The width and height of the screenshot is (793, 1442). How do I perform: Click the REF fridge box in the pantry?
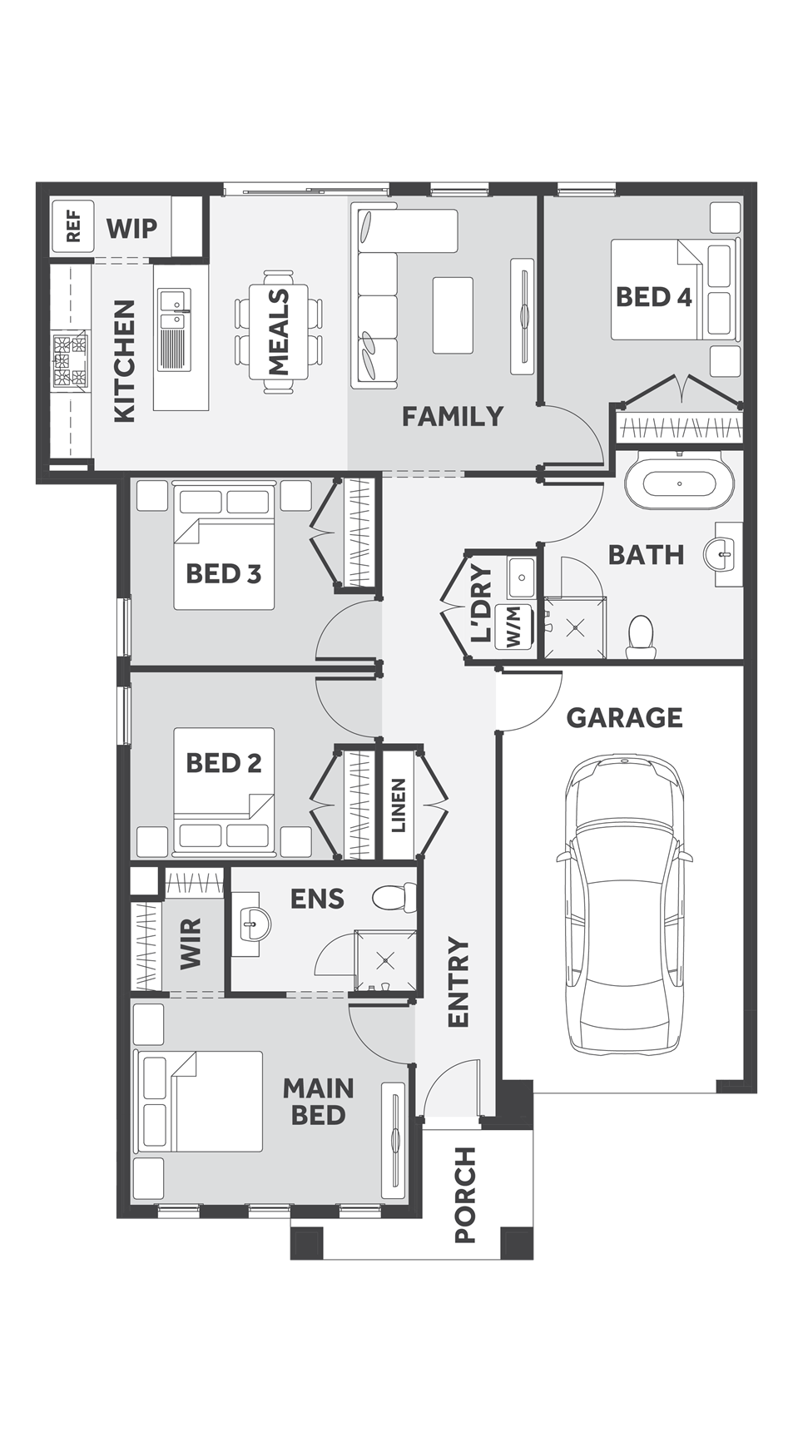click(x=73, y=226)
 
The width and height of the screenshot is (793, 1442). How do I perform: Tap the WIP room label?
click(x=131, y=227)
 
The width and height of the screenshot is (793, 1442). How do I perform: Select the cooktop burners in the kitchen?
click(x=70, y=360)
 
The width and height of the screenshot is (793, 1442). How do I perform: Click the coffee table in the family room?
click(x=453, y=315)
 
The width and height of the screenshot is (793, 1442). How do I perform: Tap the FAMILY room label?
click(x=453, y=416)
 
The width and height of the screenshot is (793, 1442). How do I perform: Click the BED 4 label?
click(x=653, y=296)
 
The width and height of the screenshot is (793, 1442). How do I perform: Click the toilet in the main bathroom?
click(x=641, y=636)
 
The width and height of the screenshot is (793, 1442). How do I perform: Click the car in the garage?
click(x=624, y=903)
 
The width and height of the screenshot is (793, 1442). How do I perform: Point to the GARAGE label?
click(x=624, y=717)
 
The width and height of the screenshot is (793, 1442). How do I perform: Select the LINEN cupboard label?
click(x=399, y=805)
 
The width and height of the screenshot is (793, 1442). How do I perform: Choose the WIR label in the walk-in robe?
click(x=191, y=943)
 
